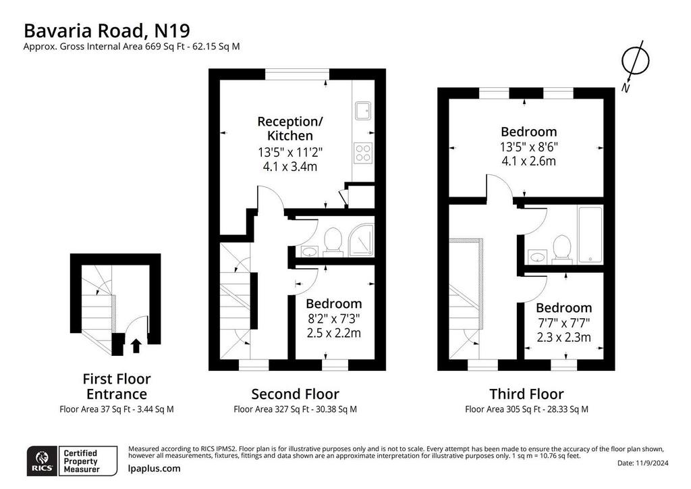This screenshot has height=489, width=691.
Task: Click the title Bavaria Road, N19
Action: [x=107, y=31]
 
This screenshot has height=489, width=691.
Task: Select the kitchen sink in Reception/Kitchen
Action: [x=363, y=111]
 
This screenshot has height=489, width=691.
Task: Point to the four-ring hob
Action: [x=363, y=153]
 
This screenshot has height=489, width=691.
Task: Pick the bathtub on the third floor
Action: [x=590, y=236]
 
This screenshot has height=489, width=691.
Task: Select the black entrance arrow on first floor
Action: [x=136, y=346]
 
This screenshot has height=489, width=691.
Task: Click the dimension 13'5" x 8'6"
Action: [x=528, y=147]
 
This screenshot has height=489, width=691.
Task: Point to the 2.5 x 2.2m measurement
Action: [x=333, y=332]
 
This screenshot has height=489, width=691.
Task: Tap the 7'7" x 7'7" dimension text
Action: [x=563, y=323]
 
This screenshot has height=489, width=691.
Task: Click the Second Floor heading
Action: [x=296, y=393]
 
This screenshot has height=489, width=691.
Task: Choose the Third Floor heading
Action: [x=526, y=393]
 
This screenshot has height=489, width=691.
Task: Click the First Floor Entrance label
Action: [x=117, y=386]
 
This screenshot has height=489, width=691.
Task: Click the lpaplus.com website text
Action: [x=155, y=468]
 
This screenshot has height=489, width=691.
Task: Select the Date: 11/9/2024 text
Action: [x=643, y=463]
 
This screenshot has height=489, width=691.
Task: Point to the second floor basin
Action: [x=308, y=251]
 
